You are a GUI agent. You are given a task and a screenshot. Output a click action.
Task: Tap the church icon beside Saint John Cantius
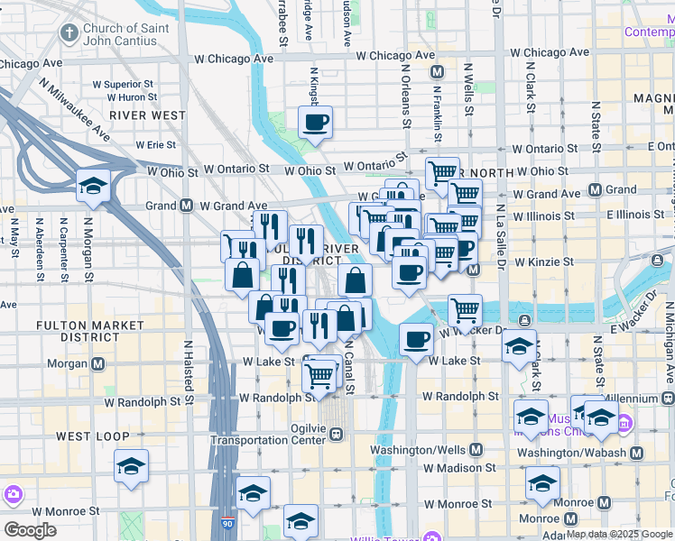click(x=69, y=34)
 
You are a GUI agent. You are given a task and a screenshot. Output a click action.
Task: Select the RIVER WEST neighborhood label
click(x=148, y=115)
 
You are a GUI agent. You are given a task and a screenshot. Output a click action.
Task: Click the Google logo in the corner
click(x=30, y=529)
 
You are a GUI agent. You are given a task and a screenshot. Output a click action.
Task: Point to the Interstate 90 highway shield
click(x=226, y=523)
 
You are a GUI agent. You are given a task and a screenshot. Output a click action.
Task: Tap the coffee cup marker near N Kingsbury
click(x=315, y=123)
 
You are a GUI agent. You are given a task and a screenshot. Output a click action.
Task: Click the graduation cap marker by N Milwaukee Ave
click(x=93, y=187)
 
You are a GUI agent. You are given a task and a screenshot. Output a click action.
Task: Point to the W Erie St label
click(x=155, y=144)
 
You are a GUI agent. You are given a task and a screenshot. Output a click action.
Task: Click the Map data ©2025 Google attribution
click(x=619, y=534)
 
